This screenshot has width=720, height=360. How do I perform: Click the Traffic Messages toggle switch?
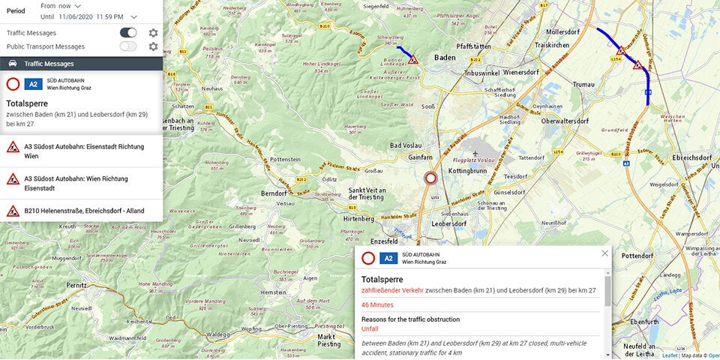point(128,33)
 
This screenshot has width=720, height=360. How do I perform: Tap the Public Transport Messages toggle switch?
point(128,46)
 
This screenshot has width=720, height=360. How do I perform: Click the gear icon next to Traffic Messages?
point(153,33)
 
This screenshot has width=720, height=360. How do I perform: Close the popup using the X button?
point(605,253)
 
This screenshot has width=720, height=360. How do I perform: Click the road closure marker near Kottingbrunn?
point(430,178)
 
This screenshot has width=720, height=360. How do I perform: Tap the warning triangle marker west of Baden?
point(413,59)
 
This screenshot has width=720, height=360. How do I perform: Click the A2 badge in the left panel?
point(33,84)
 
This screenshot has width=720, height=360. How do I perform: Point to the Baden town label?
point(445,57)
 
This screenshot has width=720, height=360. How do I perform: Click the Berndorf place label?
point(274,193)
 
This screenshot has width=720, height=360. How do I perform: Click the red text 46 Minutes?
point(377,305)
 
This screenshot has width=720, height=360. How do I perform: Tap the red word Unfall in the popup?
point(370,328)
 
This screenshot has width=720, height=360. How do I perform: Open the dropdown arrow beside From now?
point(77,6)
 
